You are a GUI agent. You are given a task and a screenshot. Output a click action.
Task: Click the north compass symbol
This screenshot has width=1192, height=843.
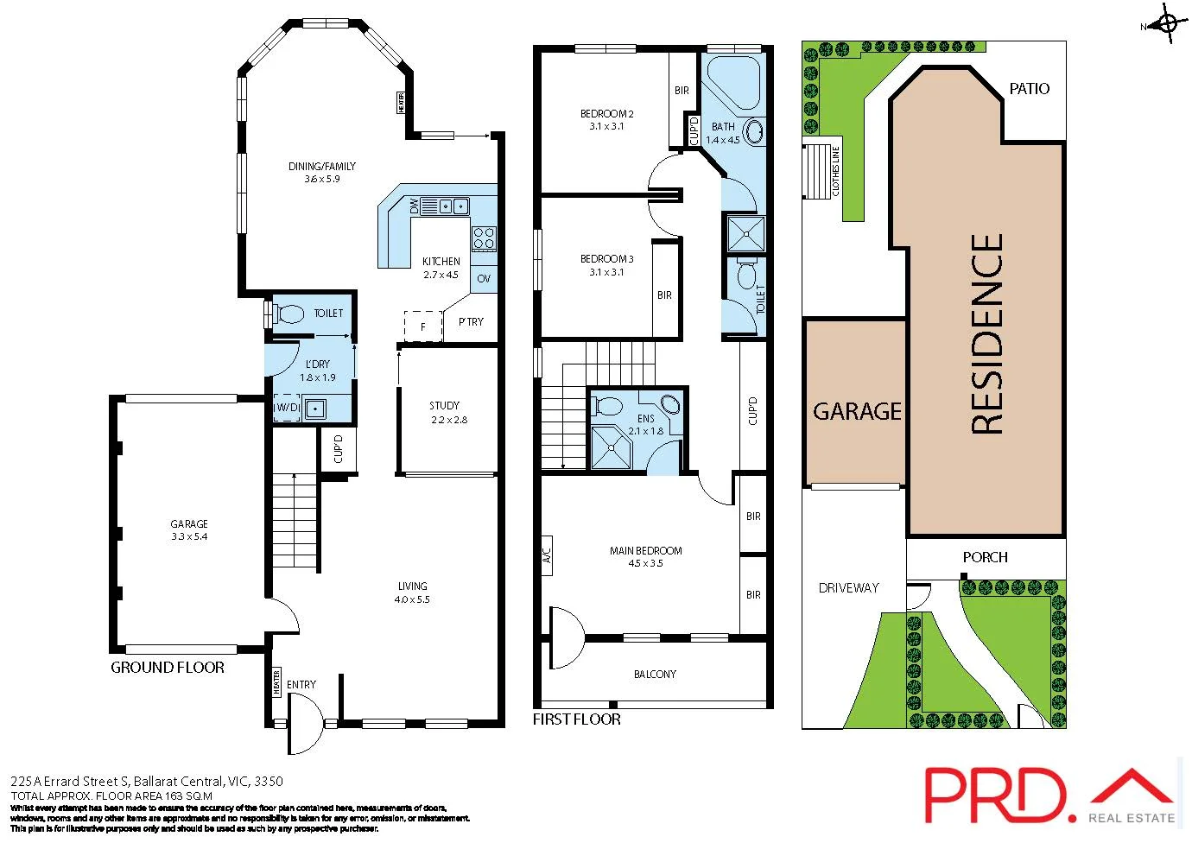click(x=1166, y=24)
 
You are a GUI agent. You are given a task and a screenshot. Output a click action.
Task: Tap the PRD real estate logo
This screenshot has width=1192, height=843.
click(x=1049, y=795)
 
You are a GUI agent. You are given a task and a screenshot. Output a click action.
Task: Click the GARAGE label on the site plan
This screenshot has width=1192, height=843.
click(x=856, y=411)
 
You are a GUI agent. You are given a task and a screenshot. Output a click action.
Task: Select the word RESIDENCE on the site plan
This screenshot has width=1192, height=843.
click(x=987, y=333)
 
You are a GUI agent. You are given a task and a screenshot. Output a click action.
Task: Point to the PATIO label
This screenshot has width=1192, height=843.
click(x=1029, y=88)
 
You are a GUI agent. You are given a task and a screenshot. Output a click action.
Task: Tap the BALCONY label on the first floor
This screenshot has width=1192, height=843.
click(x=655, y=674)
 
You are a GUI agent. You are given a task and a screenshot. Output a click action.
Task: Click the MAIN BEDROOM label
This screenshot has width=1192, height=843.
click(x=645, y=550)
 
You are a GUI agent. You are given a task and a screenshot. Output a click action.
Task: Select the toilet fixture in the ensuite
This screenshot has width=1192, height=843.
click(x=609, y=406)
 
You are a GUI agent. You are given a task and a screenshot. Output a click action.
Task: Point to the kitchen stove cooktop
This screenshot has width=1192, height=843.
click(x=484, y=238)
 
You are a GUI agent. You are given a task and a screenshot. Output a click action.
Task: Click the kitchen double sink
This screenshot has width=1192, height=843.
click(x=453, y=206)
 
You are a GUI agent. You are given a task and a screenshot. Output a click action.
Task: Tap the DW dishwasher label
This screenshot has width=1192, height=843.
click(x=414, y=206)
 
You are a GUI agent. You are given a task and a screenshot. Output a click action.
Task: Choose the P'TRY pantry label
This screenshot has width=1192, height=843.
click(x=471, y=321)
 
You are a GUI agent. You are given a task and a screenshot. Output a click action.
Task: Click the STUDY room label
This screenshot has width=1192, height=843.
click(x=444, y=405)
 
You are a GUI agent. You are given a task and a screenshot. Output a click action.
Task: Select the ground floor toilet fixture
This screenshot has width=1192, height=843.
click(x=290, y=314)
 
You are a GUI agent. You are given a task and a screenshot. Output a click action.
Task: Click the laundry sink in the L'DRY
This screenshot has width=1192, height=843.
click(x=315, y=409)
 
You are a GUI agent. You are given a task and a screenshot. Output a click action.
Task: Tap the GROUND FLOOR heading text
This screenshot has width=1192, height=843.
click(x=168, y=667)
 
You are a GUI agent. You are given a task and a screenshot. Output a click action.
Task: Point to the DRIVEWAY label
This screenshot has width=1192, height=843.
click(x=848, y=587)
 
